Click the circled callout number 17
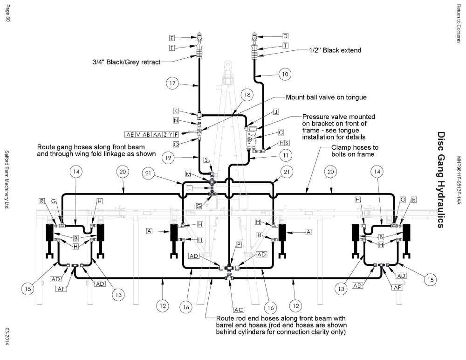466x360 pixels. (x=172, y=83)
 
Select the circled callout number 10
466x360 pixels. (x=285, y=74)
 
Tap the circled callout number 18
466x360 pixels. (x=247, y=95)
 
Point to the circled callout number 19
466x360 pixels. (x=168, y=158)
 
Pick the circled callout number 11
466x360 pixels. (x=286, y=155)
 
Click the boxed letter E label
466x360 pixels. (x=172, y=38)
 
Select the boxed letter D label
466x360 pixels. (x=285, y=36)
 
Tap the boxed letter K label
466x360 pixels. (x=176, y=111)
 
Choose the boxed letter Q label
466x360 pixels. (x=176, y=144)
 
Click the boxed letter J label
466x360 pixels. (x=276, y=112)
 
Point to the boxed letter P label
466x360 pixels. (x=239, y=245)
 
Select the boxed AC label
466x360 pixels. (x=239, y=310)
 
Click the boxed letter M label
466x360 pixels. (x=188, y=174)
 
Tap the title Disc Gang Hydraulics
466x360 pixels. (x=441, y=180)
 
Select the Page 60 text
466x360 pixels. (x=8, y=13)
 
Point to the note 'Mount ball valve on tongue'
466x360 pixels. (x=326, y=97)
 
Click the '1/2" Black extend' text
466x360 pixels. (x=335, y=50)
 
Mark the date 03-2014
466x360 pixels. (x=7, y=337)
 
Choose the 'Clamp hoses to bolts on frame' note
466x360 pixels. (x=355, y=151)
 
